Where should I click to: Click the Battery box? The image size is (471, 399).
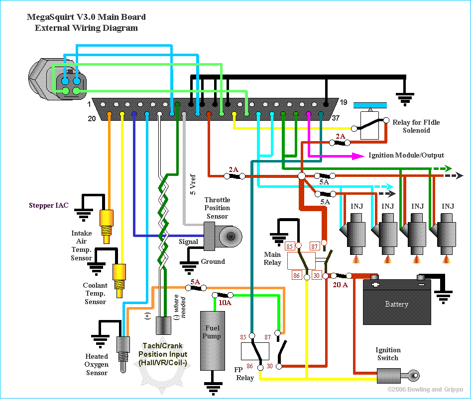[x=397, y=302]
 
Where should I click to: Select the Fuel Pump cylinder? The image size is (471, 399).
[x=213, y=341]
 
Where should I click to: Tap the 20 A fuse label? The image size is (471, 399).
[x=341, y=285]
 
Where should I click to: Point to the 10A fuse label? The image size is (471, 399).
[x=225, y=303]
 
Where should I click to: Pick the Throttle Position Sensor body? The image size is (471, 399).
[x=223, y=236]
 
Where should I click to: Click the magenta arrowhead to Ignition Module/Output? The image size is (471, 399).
[x=358, y=156]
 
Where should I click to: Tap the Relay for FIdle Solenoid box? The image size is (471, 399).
[x=369, y=125]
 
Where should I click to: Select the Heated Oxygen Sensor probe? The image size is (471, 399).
[x=123, y=354]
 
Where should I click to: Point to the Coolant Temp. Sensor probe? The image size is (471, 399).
[x=119, y=281]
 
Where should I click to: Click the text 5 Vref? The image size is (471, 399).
[x=193, y=184]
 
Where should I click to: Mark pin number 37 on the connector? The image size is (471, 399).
[x=336, y=118]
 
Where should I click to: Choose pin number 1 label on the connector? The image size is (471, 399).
[x=89, y=104]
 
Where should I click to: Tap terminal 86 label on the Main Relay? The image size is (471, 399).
[x=296, y=275]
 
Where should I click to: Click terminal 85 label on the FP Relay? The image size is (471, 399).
[x=243, y=337]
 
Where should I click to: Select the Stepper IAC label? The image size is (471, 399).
[x=49, y=205]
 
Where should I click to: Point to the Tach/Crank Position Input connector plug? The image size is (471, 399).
[x=163, y=325]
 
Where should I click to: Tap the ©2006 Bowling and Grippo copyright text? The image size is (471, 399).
[x=425, y=390]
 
